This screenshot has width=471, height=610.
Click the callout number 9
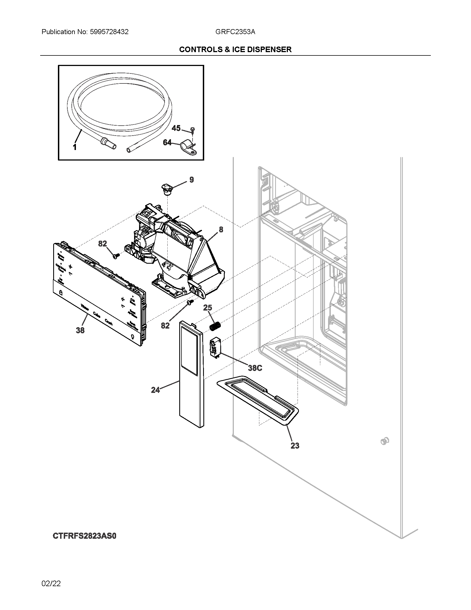[x=191, y=180]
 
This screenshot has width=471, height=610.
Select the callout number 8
[x=221, y=230]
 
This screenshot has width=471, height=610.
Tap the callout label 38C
[x=255, y=368]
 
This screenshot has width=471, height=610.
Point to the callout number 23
[x=295, y=446]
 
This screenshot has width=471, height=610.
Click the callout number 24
[x=155, y=390]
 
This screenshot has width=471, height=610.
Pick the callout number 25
[x=208, y=308]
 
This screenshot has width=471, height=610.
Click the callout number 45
[x=176, y=128]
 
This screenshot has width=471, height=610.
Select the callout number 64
[x=167, y=143]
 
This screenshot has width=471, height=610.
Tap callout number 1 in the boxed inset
[x=75, y=147]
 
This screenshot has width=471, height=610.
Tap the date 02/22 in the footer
[x=51, y=583]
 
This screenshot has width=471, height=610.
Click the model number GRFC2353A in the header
[x=235, y=32]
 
